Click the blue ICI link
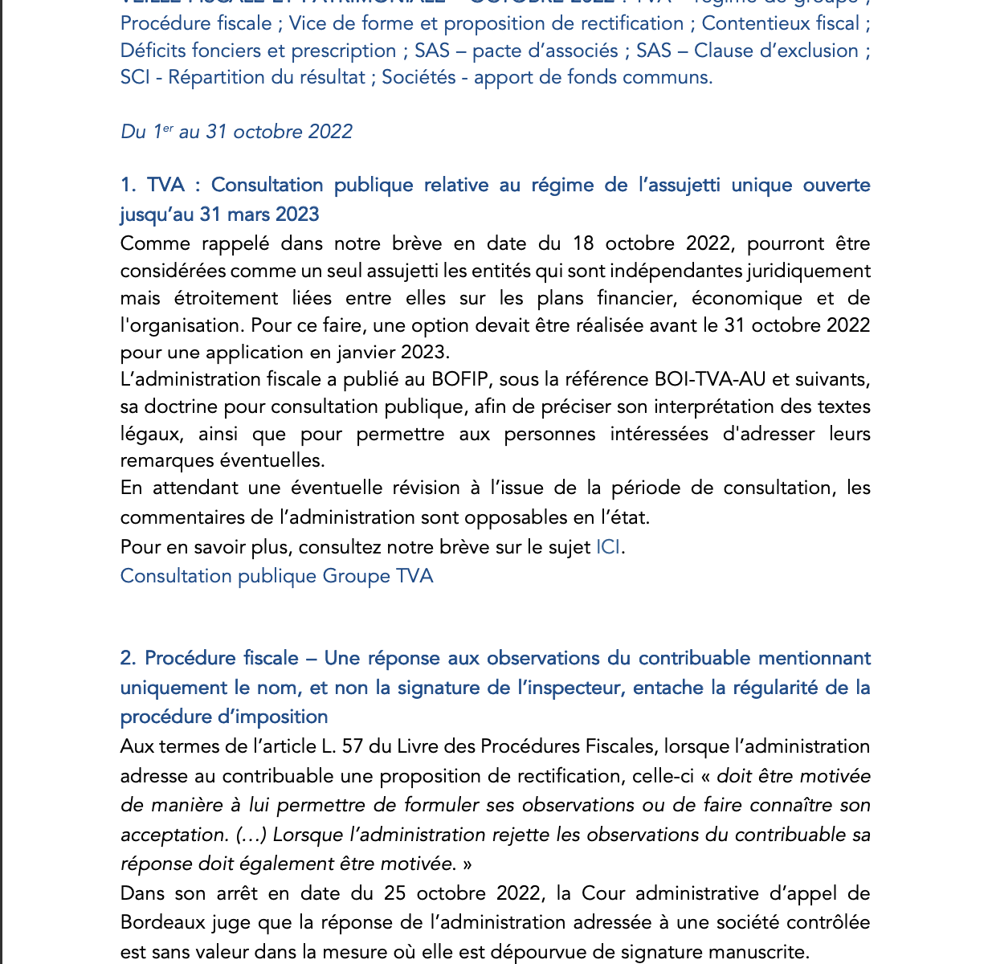608,547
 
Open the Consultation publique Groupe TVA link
276,576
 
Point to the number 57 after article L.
353,746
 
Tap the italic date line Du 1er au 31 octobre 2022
236,132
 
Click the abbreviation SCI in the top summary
135,77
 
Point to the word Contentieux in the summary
757,23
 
